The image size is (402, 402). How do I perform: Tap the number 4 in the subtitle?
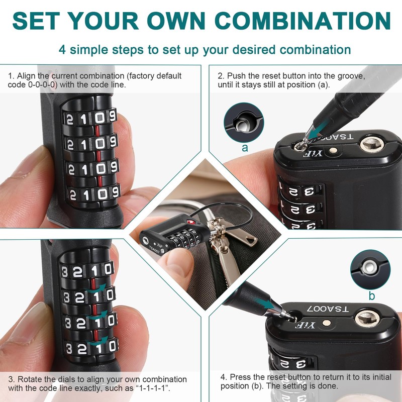point(62,50)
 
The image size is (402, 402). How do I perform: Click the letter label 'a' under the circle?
point(245,148)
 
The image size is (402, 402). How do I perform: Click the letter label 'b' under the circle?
point(372,296)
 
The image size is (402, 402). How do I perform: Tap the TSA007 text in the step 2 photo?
point(340,137)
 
